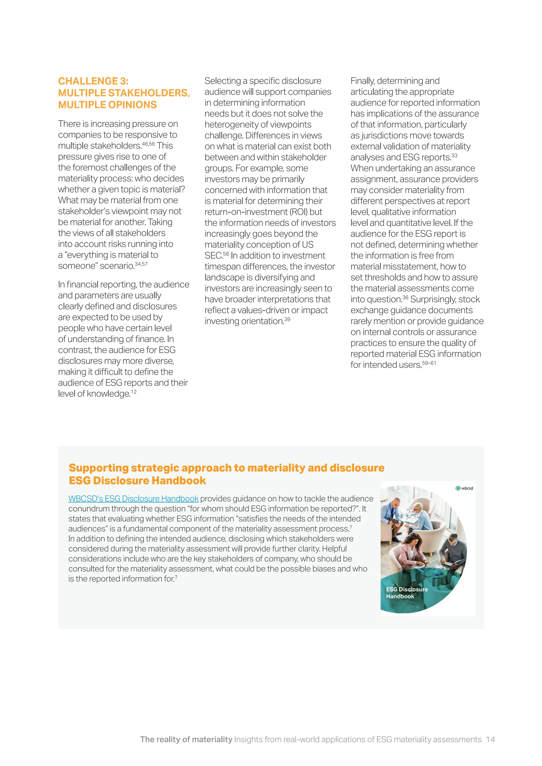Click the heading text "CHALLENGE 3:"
(x=93, y=81)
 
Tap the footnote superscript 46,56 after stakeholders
(x=148, y=144)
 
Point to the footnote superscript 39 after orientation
(x=287, y=319)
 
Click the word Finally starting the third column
(x=362, y=81)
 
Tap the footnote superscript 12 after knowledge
(x=133, y=392)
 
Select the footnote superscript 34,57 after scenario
(x=141, y=264)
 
